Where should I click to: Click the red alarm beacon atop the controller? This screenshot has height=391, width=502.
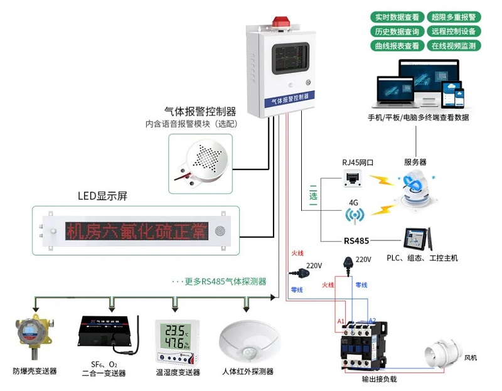(x=280, y=20)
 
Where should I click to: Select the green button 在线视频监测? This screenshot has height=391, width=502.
(x=454, y=46)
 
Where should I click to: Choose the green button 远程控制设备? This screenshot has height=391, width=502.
(x=454, y=31)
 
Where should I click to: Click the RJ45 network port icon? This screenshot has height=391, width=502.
(x=351, y=180)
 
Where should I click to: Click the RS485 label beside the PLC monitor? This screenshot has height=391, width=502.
(x=356, y=240)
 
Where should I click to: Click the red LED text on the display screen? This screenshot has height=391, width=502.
(x=136, y=231)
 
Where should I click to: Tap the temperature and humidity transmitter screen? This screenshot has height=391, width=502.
(x=177, y=337)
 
